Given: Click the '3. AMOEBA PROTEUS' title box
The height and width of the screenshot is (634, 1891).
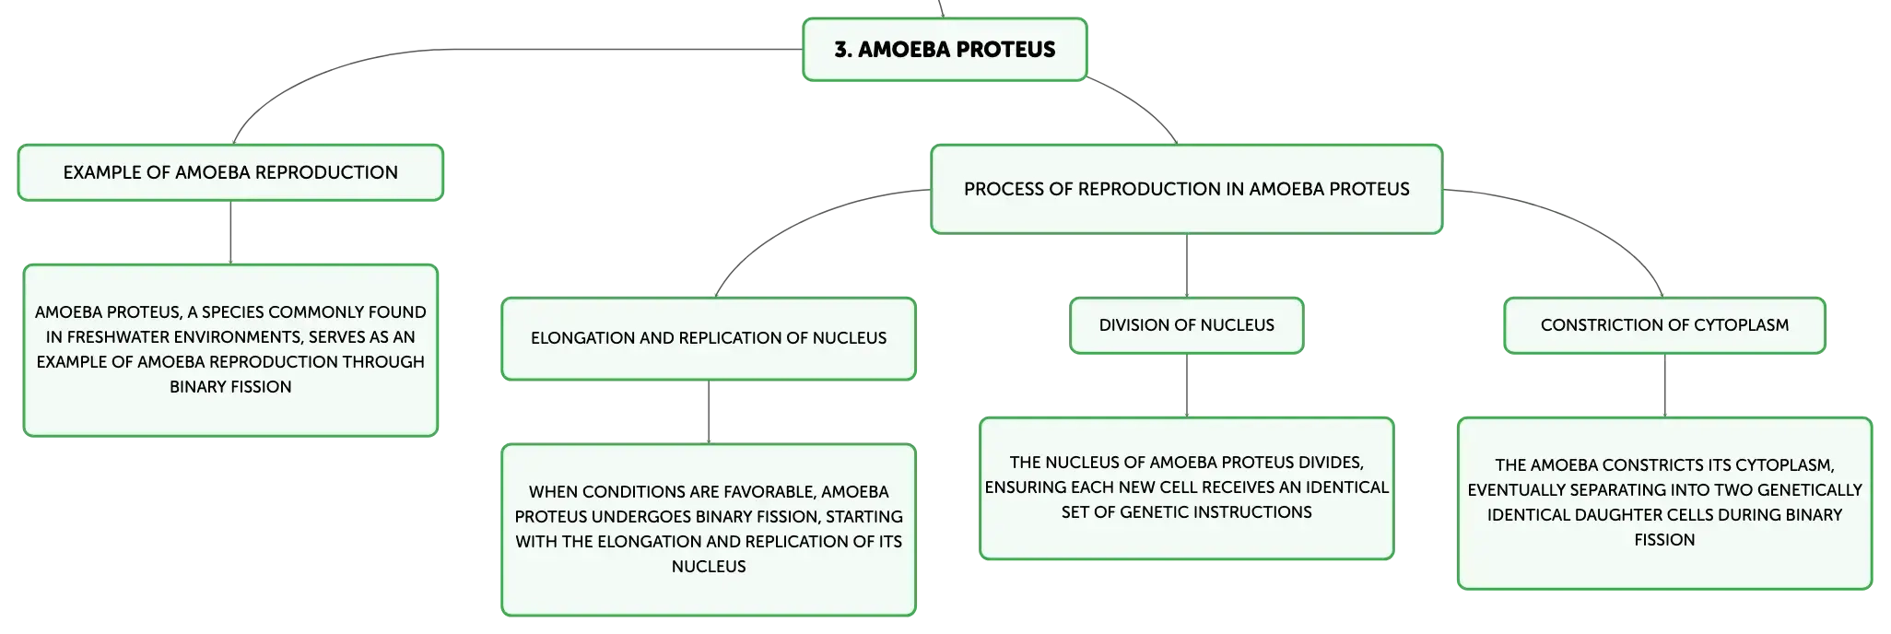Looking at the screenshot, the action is pos(945,50).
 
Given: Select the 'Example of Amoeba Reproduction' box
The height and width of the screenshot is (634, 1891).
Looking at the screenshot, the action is pos(230,172).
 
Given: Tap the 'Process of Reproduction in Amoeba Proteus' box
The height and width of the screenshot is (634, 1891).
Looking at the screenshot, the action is pos(1187,189).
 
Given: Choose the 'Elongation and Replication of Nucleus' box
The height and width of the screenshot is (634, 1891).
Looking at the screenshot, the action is pos(709,338).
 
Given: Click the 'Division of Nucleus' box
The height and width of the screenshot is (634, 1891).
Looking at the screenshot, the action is pos(1187,325).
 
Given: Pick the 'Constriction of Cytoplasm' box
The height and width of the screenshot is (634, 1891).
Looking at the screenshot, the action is pos(1664,325).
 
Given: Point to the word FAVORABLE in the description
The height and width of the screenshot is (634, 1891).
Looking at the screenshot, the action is pos(760,492).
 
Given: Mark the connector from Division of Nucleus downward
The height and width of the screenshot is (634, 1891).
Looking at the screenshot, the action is pos(1187,385).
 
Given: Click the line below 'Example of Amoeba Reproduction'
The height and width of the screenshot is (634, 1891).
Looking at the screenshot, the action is pos(230,232).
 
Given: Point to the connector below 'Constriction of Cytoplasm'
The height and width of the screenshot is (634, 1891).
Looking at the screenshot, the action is pos(1664,385).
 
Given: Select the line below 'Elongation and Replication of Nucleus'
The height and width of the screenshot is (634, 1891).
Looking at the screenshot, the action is pos(709,412).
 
